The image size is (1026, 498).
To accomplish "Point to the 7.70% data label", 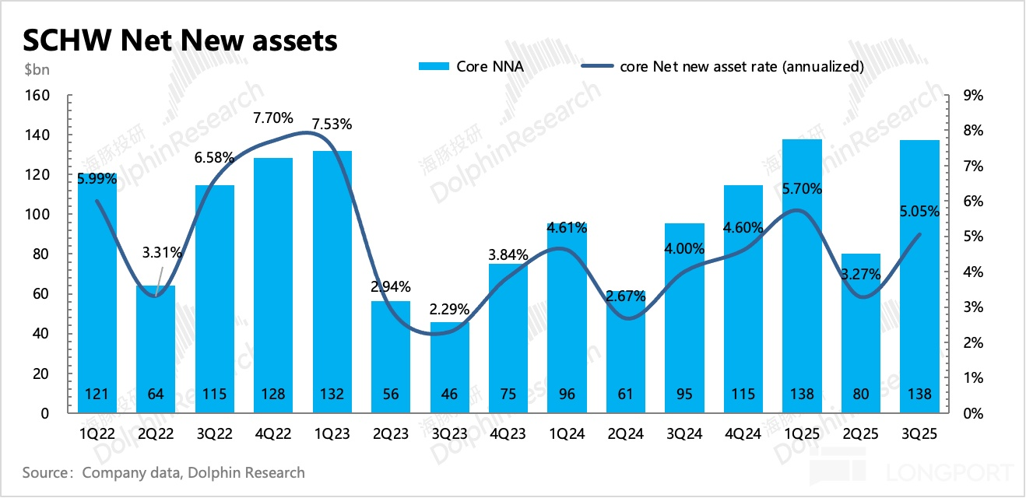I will pos(273,118).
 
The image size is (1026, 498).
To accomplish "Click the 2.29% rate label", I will pos(450,309).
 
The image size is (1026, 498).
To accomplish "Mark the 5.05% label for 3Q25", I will pos(919,211).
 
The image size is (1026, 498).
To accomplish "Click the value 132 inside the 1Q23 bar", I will pos(332,395).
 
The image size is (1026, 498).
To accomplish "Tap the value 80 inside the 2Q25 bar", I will pos(861,395).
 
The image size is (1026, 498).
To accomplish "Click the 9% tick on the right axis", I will pos(974,96).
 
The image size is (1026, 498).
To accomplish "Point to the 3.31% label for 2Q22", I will pos(163,252).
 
